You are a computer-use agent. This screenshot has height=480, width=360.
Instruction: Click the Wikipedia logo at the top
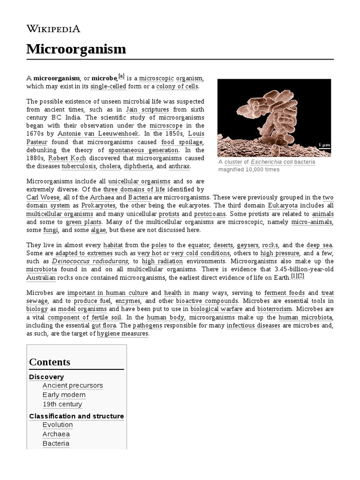53,29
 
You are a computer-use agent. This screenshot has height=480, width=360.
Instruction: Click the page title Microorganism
76,49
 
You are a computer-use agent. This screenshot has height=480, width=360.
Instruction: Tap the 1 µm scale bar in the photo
324,145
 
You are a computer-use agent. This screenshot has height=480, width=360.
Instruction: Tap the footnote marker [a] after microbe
121,76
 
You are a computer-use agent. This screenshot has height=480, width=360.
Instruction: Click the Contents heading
50,362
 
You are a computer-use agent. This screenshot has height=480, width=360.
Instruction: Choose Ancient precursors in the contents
73,385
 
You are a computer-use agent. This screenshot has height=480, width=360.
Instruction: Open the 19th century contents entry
62,404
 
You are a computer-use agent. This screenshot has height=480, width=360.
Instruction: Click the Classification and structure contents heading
76,416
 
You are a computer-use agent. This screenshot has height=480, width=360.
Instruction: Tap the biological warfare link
216,309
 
